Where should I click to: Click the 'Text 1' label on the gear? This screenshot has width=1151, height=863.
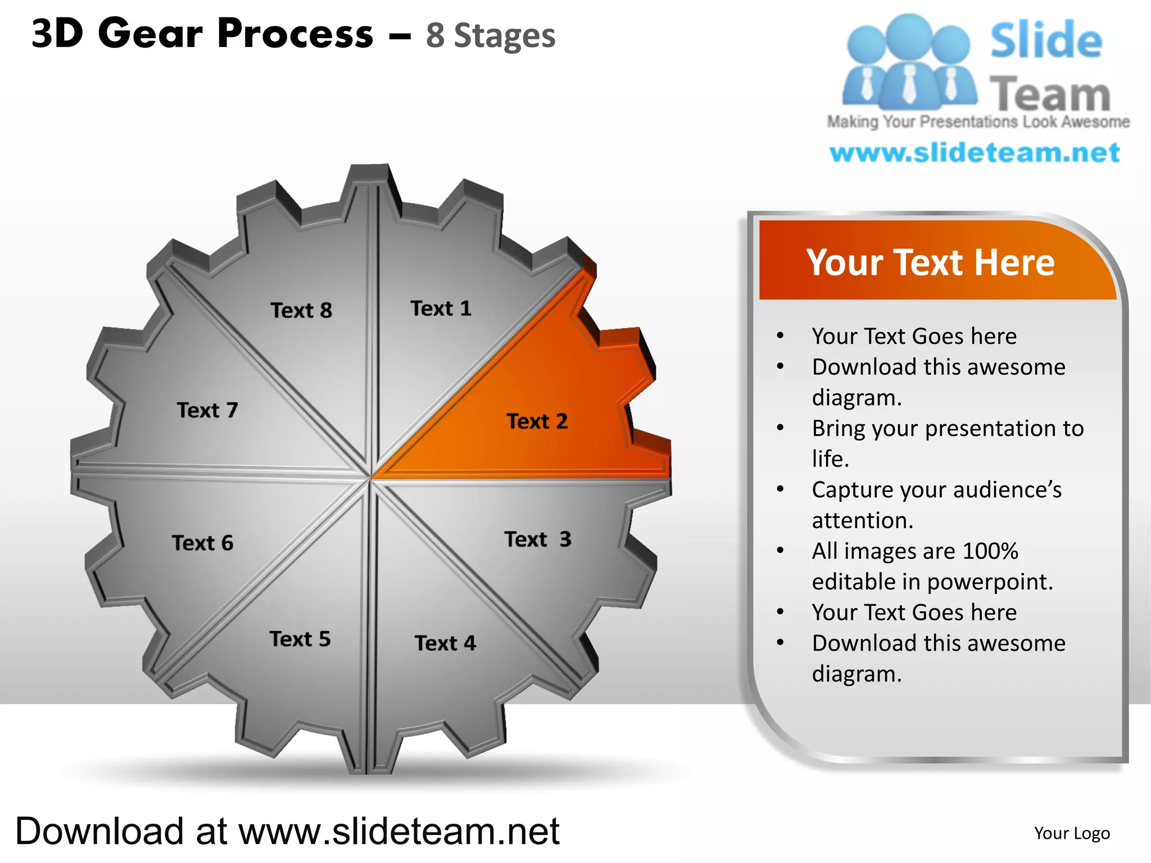coord(441,308)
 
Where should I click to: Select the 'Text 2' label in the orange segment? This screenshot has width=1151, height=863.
coord(537,421)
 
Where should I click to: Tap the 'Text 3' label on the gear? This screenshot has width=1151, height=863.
coord(537,539)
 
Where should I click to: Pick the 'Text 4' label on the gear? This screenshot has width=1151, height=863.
coord(445,643)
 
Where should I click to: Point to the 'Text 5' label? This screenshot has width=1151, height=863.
coord(300,639)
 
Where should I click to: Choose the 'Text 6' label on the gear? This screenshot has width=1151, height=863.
coord(202,543)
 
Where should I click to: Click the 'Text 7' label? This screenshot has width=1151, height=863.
coord(207,410)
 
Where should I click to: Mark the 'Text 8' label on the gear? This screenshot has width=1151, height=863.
coord(301,311)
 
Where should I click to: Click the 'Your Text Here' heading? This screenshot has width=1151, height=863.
coord(930,262)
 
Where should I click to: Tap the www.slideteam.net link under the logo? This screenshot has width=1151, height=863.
coord(975,153)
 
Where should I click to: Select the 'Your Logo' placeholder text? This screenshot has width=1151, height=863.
coord(1072,833)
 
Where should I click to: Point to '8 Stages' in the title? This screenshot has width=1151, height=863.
coord(490,36)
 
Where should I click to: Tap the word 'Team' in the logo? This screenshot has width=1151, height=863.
coord(1049,93)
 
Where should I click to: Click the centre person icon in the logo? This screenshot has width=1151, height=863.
coord(909,62)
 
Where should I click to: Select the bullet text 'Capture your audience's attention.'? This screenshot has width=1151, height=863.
coord(936,505)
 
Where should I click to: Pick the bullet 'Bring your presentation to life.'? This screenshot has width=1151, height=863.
coord(948,444)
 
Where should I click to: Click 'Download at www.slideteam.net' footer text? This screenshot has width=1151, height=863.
coord(287,832)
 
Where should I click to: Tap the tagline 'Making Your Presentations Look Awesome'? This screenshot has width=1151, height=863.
coord(978,122)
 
